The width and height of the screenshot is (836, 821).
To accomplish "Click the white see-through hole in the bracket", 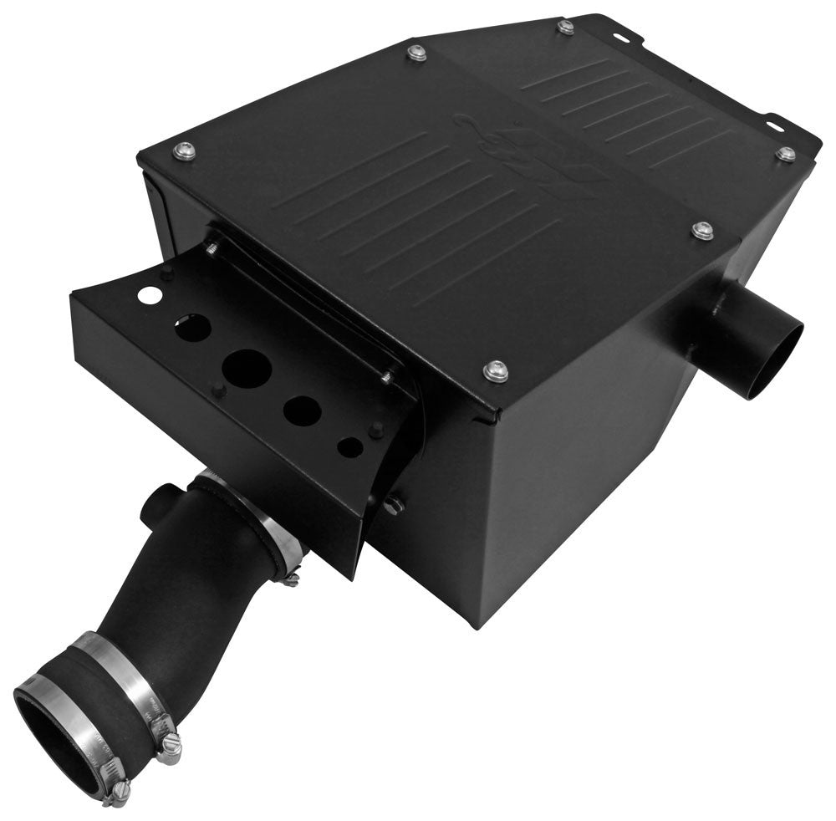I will [149, 293].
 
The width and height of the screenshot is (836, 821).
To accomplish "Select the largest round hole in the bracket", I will [247, 368].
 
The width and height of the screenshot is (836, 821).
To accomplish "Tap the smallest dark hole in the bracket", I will [350, 446].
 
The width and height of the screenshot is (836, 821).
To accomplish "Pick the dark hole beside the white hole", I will [192, 327].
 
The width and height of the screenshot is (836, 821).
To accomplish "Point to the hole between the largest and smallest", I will [302, 409].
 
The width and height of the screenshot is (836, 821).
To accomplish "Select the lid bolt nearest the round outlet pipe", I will [702, 230].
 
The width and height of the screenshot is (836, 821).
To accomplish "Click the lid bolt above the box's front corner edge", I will [496, 369].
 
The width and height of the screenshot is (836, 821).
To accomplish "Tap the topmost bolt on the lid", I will [566, 27].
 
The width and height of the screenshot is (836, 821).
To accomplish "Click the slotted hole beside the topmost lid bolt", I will [620, 37].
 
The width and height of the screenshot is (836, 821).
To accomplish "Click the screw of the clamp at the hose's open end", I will [119, 788].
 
